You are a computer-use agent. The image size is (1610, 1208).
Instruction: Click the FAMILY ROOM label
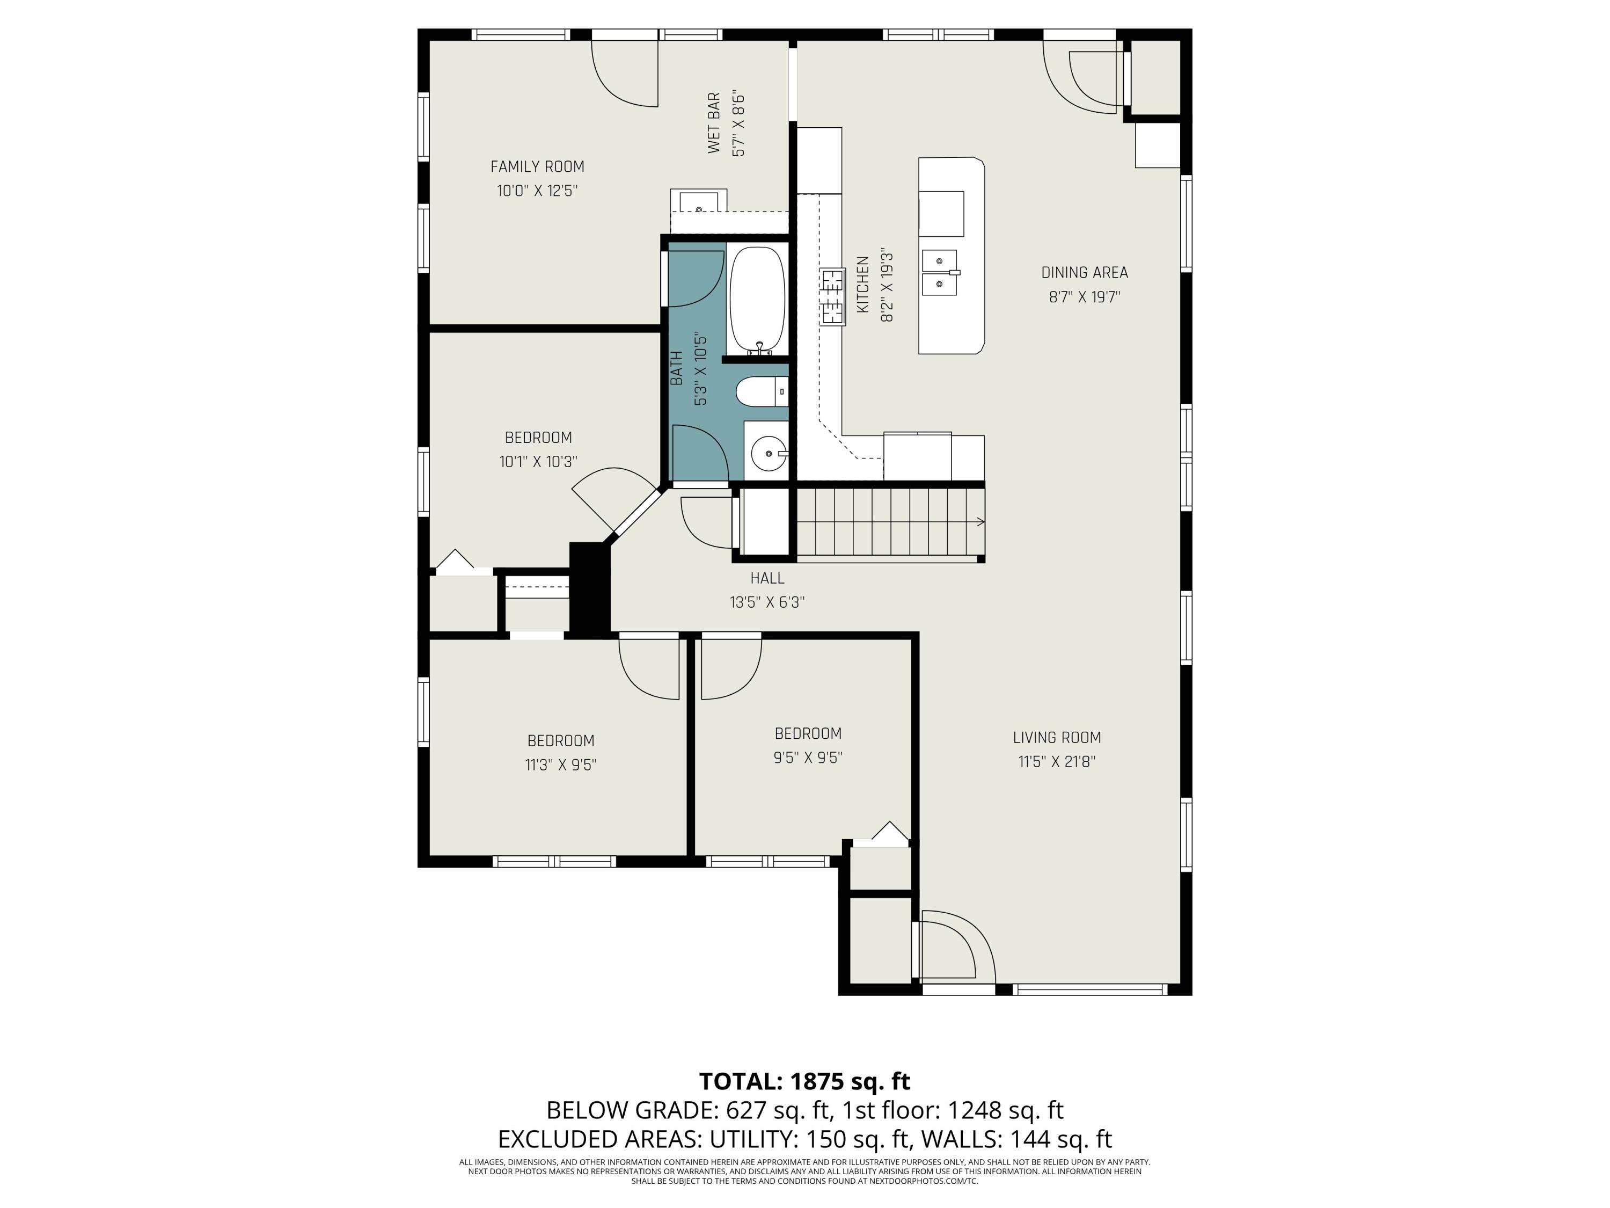point(537,167)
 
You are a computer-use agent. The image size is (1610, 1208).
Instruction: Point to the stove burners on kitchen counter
point(833,296)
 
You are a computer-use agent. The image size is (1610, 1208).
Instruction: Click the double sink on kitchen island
point(940,272)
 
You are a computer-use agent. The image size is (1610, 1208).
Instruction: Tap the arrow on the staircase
point(979,521)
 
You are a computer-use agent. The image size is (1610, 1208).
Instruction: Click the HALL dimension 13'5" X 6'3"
point(767,602)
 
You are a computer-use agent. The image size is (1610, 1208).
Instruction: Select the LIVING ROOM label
point(1057,738)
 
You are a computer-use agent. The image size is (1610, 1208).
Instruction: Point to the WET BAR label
point(714,123)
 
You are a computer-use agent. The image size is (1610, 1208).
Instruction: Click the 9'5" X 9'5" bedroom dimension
point(808,757)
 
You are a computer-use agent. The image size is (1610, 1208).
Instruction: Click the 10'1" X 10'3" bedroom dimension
point(539,462)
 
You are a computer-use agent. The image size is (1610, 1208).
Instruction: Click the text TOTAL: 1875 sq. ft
point(804,1081)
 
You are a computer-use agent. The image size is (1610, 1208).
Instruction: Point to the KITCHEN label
point(863,285)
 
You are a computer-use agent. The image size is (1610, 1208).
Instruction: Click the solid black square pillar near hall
point(589,588)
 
